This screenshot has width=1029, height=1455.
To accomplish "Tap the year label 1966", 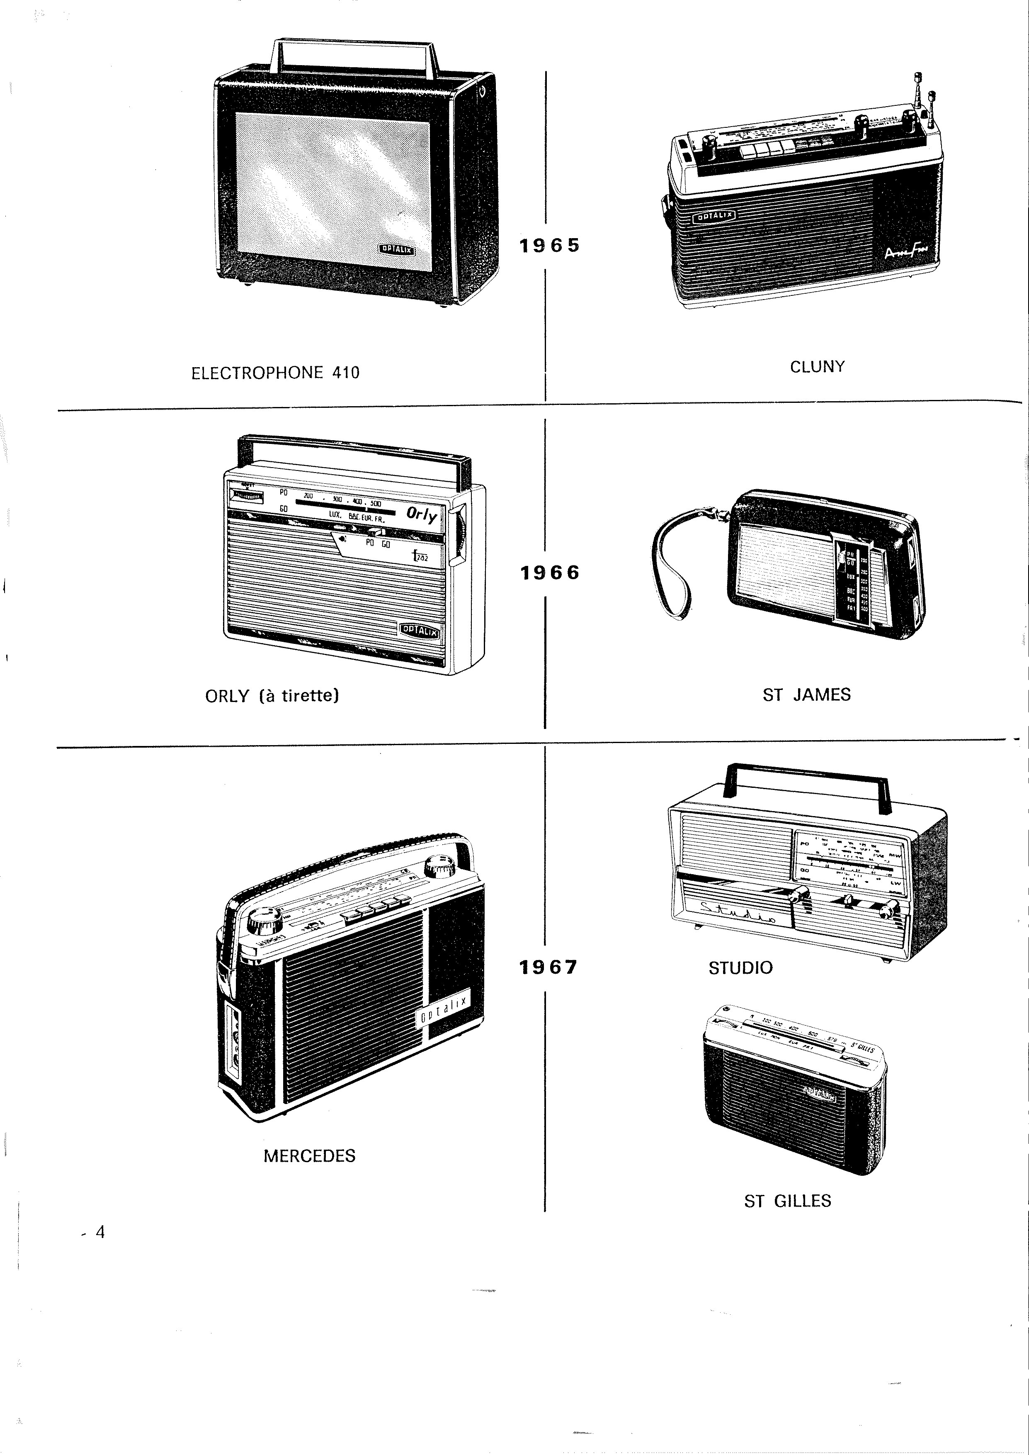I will (x=549, y=573).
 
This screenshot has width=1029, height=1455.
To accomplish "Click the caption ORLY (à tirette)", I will (x=272, y=696).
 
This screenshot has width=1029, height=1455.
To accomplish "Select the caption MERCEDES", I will (x=309, y=1156).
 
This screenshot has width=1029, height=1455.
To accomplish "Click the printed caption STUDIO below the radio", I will (x=740, y=968).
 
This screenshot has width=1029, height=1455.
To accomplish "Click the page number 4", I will (x=100, y=1232).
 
